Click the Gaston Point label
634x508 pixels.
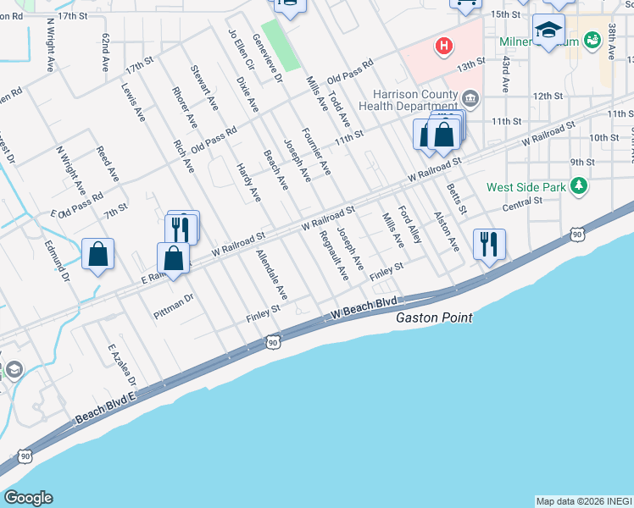coord(434,317)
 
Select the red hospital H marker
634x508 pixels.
coord(442,46)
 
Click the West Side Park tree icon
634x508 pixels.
coord(579,185)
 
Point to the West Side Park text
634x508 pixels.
coord(526,186)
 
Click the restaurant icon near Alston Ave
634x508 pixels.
coord(489,245)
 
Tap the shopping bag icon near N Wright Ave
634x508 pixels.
coord(98,253)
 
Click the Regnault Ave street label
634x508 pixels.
coord(330,259)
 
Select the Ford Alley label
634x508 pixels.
coord(410,224)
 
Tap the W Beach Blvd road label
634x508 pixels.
coord(364,306)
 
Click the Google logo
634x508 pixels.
coord(27,498)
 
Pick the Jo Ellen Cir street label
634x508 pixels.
coord(242,49)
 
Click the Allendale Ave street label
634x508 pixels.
coord(272,275)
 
